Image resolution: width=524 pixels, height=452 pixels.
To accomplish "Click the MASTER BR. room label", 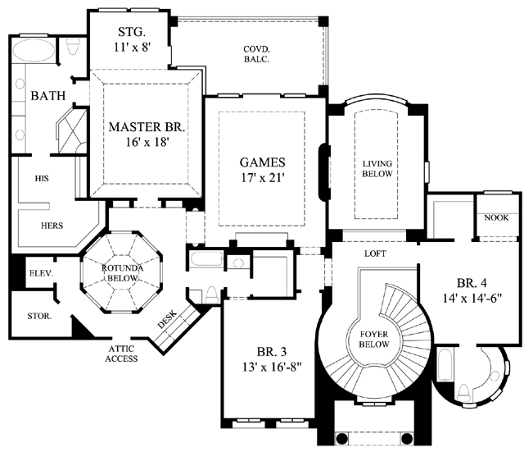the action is (x=147, y=127).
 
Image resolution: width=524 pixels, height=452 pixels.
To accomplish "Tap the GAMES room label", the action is (x=262, y=162).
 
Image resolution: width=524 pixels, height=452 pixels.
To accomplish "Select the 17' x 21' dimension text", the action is (x=263, y=178).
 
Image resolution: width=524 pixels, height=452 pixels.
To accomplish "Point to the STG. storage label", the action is (x=132, y=32).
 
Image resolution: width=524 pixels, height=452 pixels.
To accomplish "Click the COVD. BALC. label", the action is (x=256, y=54).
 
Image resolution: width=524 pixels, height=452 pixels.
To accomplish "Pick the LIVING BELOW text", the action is (x=377, y=169).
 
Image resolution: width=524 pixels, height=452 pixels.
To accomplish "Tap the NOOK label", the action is (x=497, y=217).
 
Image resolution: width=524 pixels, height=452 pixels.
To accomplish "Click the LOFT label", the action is (x=375, y=253).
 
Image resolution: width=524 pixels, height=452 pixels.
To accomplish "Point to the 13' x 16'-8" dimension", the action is (x=272, y=368).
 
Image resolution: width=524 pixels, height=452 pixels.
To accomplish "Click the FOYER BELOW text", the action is (x=374, y=339).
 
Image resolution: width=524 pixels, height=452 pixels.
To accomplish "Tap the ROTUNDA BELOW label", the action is (x=122, y=273).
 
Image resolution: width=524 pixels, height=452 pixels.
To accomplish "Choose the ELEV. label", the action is (x=41, y=273).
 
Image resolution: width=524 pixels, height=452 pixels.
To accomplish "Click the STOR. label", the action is (x=39, y=316).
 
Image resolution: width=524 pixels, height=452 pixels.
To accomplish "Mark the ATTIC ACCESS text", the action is (x=121, y=354).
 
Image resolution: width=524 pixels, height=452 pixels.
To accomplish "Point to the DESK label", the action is (x=167, y=319).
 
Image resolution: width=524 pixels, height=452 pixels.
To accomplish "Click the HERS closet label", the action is (x=52, y=226).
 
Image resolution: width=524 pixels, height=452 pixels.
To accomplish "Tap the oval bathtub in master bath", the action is (x=34, y=50).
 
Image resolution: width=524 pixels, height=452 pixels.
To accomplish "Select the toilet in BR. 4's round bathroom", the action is (x=463, y=393).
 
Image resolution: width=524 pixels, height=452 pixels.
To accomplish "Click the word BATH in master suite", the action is (x=48, y=96).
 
